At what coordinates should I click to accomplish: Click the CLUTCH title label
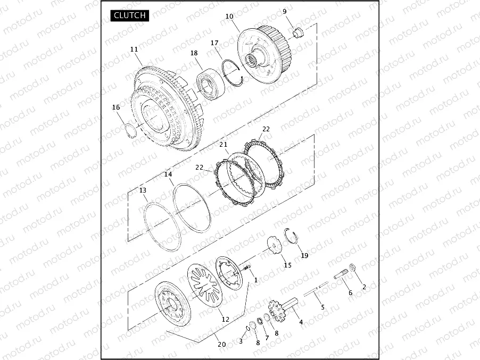[x=129, y=15]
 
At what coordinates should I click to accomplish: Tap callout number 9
[x=285, y=12]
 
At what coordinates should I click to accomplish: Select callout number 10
[x=229, y=16]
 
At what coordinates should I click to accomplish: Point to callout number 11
[x=134, y=49]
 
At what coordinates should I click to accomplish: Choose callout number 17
[x=214, y=43]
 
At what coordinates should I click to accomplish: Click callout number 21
[x=224, y=144]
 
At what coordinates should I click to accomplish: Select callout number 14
[x=168, y=174]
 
